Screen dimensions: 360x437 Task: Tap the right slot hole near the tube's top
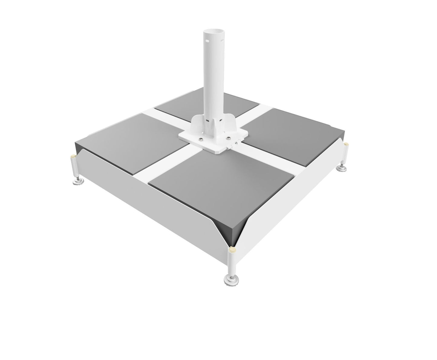tap(223, 40)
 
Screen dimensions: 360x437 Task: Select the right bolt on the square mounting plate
tap(229, 138)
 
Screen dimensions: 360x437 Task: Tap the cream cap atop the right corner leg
tap(346, 144)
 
